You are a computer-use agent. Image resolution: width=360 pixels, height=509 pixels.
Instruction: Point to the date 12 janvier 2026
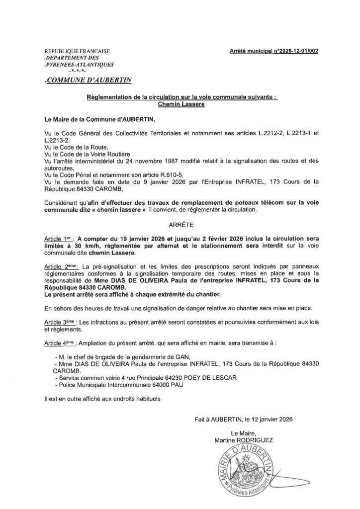[270, 420]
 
